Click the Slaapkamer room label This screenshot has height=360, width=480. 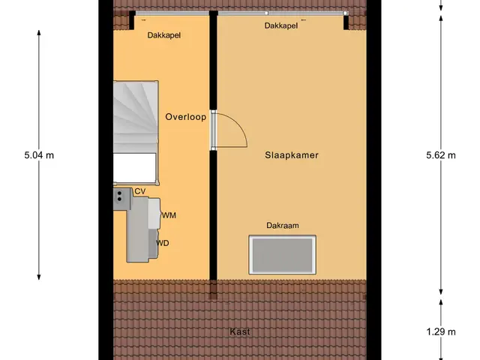point(292,155)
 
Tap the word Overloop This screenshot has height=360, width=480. point(185,117)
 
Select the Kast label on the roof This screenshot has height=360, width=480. point(240,331)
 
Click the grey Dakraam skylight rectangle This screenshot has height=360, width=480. point(282,255)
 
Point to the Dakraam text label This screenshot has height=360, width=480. point(282,226)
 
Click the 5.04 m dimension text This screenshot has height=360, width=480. point(39,155)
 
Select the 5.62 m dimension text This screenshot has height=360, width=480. point(441,155)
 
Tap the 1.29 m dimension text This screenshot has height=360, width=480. point(441,331)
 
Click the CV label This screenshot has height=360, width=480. point(140,191)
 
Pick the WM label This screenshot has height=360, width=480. point(169,215)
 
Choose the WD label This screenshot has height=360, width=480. point(163,243)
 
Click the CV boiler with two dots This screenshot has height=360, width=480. point(122,199)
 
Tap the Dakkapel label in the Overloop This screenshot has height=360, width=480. point(163,35)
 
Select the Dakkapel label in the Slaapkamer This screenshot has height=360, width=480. point(281,25)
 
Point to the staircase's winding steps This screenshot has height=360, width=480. point(136,116)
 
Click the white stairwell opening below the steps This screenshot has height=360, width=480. point(135,168)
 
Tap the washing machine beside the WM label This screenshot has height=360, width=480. point(154,213)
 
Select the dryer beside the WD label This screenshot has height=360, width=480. point(153,243)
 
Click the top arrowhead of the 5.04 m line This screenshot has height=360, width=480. point(39,32)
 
